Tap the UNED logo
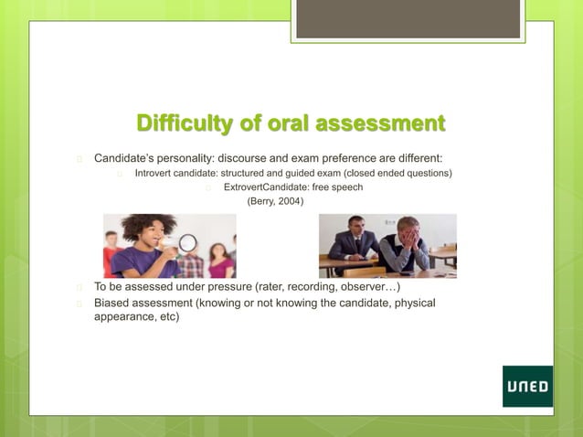point(527,387)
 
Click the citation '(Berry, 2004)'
point(270,201)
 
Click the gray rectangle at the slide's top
point(408,19)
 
